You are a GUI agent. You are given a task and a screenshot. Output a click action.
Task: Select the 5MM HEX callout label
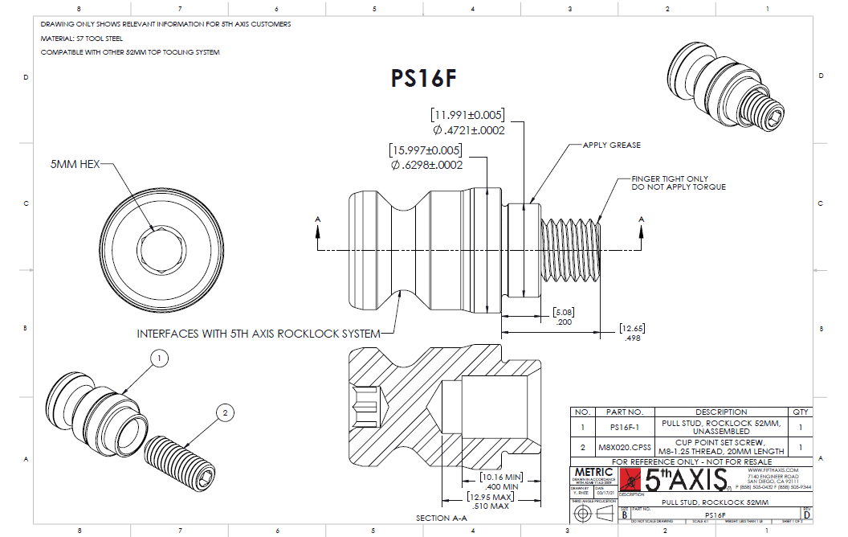point(75,163)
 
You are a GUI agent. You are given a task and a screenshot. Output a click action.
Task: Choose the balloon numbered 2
point(226,413)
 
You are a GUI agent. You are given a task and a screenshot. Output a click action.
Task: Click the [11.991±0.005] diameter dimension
point(470,114)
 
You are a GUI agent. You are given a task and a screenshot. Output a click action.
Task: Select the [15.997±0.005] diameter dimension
point(426,150)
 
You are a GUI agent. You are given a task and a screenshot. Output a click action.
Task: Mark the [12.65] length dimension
point(634,328)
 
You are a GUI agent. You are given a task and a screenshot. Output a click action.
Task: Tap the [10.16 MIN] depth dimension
point(501,477)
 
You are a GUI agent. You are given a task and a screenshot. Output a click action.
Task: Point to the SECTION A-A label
point(442,519)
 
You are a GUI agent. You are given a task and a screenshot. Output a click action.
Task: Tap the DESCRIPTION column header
point(698,412)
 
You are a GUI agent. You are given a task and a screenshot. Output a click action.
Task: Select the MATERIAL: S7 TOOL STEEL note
point(83,38)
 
